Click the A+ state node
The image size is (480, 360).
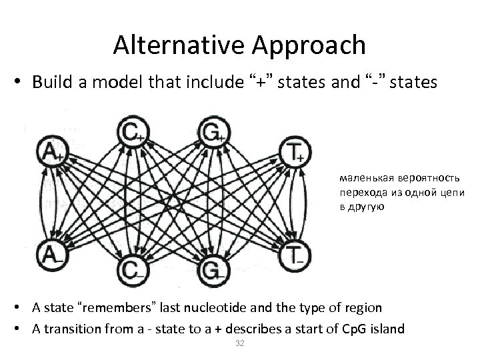pos(51,151)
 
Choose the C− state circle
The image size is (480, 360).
pos(131,271)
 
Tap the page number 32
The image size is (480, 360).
pos(239,343)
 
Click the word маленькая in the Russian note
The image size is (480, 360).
pos(360,179)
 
